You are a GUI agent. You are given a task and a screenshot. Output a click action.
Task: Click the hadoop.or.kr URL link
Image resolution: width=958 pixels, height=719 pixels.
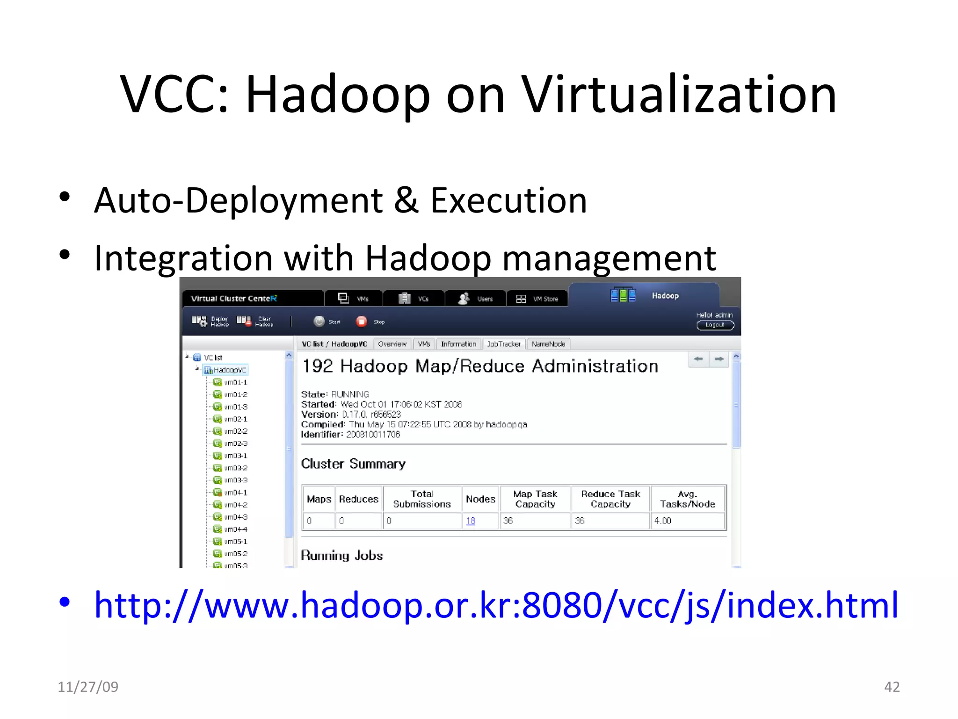(496, 605)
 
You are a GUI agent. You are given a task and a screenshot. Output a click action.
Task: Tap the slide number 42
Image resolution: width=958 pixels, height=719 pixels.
(892, 687)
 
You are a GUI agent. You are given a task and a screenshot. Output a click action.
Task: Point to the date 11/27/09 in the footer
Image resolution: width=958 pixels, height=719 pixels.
(88, 687)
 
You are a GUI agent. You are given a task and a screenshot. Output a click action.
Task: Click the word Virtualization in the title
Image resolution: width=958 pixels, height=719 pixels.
(678, 95)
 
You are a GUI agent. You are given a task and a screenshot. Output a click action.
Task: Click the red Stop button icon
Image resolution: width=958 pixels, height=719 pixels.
(362, 322)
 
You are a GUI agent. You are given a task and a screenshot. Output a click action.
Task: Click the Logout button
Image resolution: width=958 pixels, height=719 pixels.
(715, 325)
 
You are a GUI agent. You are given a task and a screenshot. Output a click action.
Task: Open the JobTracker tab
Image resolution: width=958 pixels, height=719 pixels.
(504, 344)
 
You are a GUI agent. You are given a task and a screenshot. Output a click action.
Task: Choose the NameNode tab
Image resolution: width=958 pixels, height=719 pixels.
(548, 344)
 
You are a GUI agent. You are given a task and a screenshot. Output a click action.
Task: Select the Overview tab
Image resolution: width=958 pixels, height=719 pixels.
(392, 344)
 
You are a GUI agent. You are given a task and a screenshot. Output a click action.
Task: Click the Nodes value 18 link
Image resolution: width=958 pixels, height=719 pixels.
(471, 521)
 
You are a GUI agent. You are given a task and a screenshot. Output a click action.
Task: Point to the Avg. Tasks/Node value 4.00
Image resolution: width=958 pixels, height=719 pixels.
(662, 521)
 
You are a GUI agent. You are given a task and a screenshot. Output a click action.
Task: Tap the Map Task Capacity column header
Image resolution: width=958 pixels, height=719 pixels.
(535, 499)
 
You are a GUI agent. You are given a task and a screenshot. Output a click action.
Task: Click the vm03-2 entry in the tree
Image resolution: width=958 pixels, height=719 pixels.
(235, 468)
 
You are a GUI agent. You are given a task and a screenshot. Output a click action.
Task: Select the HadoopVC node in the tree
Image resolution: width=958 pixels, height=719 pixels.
(229, 370)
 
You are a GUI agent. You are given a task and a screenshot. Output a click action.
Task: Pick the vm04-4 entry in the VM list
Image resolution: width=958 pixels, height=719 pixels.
(235, 529)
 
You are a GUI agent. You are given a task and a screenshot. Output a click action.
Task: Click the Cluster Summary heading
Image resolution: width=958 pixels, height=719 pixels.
(353, 464)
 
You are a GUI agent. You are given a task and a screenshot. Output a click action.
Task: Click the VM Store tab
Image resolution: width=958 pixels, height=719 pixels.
(537, 299)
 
